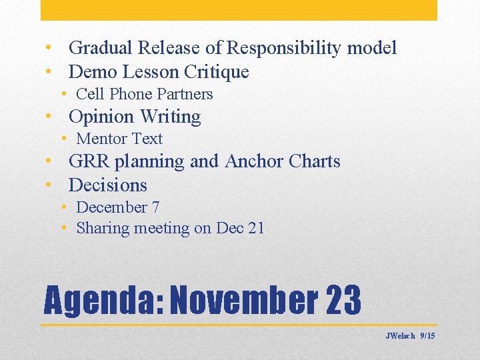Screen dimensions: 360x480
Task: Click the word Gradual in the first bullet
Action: coord(101,48)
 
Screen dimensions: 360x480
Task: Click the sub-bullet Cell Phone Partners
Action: coord(144,94)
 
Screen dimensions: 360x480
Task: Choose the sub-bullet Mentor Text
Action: coord(119,139)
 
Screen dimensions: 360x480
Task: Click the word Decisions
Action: coord(107,185)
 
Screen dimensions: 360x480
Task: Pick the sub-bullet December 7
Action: coord(117,207)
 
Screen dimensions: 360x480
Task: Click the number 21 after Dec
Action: coord(256,228)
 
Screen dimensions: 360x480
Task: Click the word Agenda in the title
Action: coord(103,301)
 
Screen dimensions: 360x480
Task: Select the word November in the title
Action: coord(245,301)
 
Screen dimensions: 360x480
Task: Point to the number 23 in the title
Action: coord(343,301)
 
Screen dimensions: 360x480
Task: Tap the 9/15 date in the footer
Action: coord(427,336)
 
